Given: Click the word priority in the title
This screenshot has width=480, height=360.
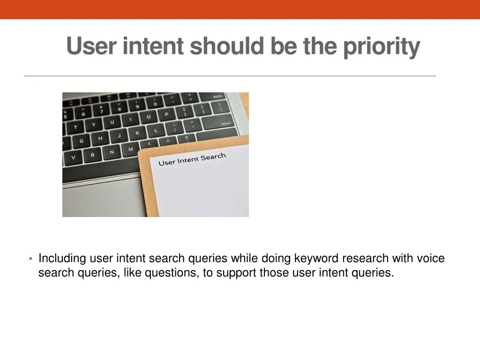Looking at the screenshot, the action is click(x=382, y=46).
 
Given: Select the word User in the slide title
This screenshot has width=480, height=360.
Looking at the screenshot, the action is click(x=91, y=46).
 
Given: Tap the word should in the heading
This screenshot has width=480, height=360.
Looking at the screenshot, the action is click(x=227, y=45).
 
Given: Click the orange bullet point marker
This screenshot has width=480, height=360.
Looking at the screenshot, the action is click(x=30, y=259).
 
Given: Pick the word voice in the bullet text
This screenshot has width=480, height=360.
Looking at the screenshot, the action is click(x=431, y=258).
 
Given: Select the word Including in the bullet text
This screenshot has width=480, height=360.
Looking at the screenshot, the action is click(x=62, y=258).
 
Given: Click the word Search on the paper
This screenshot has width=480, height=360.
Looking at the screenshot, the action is click(x=213, y=157).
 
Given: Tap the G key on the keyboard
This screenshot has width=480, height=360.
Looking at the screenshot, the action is click(x=81, y=141).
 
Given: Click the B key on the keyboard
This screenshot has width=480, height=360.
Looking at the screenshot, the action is click(x=92, y=155).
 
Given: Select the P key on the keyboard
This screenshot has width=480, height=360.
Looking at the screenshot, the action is click(x=166, y=114).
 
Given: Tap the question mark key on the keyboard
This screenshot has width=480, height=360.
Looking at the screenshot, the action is click(x=187, y=138).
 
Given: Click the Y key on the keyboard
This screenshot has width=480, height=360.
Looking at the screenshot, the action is click(x=93, y=125).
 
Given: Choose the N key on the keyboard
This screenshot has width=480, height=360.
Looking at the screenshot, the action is click(x=112, y=152).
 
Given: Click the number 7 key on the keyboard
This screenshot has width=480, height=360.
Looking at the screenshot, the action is click(x=101, y=112).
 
